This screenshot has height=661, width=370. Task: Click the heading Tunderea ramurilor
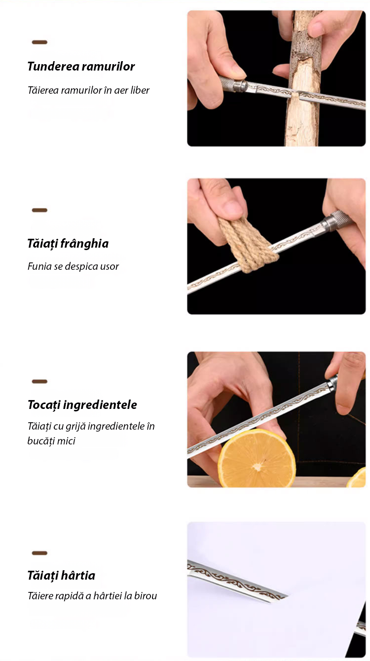(81, 67)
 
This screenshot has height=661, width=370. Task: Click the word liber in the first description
(140, 90)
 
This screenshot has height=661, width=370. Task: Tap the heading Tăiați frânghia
(68, 244)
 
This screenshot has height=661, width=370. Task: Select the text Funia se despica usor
(73, 266)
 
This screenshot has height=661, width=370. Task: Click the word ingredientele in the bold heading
(100, 405)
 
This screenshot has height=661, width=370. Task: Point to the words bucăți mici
(51, 441)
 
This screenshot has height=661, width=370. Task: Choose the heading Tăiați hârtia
(61, 576)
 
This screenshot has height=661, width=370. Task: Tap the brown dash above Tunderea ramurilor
(39, 42)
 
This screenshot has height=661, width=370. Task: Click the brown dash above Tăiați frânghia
(39, 210)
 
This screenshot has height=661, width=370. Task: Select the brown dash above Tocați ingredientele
(39, 381)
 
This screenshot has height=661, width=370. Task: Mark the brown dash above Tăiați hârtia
(39, 553)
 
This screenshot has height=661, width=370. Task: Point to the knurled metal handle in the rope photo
(336, 221)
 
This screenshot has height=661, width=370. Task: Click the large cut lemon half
(257, 459)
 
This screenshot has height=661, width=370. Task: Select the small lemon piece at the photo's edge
(357, 478)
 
